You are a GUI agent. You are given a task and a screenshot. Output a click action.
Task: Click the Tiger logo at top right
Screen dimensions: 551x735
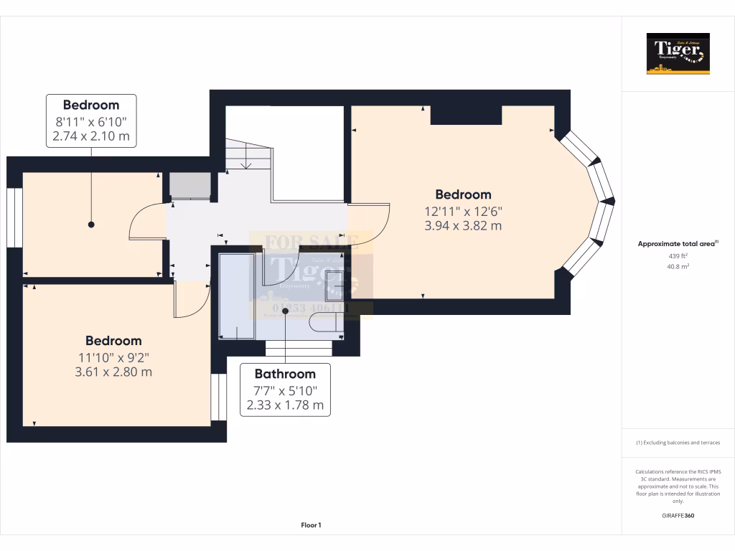(678, 53)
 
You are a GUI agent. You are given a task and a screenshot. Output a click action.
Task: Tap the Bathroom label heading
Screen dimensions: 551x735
(285, 374)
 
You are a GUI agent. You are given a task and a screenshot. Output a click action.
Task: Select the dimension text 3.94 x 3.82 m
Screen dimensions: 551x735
(463, 225)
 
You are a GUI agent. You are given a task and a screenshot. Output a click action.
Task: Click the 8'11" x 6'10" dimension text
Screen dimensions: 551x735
(91, 121)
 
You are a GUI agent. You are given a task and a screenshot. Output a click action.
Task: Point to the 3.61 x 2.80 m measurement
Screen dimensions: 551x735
(113, 372)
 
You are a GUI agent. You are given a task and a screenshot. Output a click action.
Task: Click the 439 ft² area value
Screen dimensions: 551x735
(678, 256)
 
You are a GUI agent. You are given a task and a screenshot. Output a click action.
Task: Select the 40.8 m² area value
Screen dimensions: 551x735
(678, 266)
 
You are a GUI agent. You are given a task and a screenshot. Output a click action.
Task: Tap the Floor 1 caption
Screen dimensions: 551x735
(311, 525)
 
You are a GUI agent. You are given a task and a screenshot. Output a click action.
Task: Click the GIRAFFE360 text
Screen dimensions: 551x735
(678, 515)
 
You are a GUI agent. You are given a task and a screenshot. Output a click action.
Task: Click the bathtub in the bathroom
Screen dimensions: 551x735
(237, 295)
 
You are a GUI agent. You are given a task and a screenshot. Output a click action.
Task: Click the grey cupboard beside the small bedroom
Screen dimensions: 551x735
(189, 186)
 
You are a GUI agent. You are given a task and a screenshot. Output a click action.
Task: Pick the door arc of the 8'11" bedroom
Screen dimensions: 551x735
(146, 222)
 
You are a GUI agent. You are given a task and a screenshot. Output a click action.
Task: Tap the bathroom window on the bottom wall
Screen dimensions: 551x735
(299, 349)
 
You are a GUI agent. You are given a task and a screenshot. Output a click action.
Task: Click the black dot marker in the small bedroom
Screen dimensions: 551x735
(91, 225)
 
